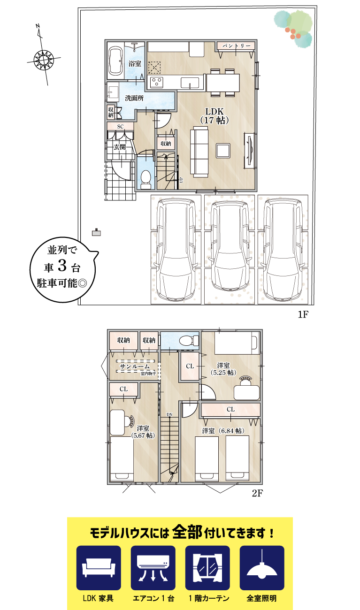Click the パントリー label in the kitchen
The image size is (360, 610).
coord(236,46)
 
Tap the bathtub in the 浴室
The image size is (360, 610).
coord(115,62)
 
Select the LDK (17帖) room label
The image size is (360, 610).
coord(214,115)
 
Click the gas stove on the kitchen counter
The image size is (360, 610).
coord(156,83)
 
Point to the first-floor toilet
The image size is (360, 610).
coord(146,179)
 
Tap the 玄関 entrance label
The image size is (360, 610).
coord(120,147)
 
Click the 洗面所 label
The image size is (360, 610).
coord(134,98)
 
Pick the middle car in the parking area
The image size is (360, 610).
coord(229,246)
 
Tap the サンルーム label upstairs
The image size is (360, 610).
coord(135,366)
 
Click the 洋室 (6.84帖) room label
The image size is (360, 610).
coord(222,430)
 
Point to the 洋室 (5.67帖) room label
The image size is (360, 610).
coord(143,432)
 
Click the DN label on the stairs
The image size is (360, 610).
coord(169,414)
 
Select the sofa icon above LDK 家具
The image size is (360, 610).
coord(99,568)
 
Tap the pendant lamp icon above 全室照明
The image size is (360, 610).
coord(261,568)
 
